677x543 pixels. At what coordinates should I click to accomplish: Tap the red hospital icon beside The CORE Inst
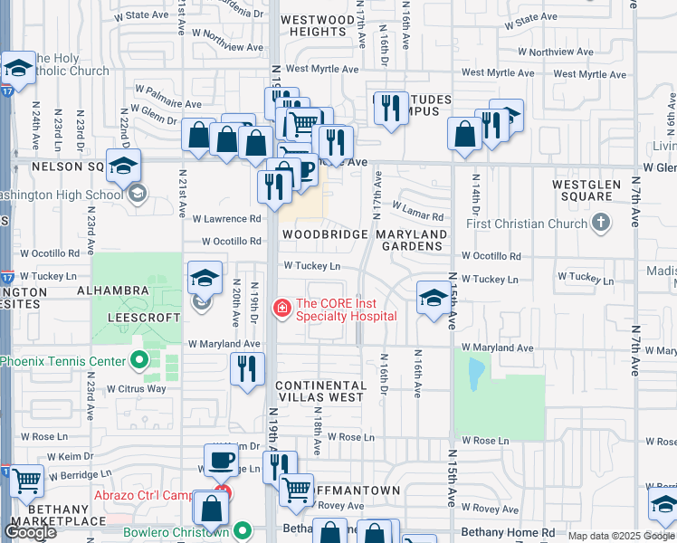click(x=282, y=310)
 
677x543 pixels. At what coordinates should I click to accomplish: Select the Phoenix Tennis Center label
click(x=62, y=361)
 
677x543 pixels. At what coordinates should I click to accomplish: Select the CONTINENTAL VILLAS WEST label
click(x=320, y=391)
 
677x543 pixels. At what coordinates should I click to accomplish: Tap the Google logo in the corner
click(x=31, y=531)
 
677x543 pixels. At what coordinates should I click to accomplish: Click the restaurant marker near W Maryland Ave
click(x=246, y=369)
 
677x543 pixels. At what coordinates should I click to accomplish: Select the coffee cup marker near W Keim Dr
click(x=221, y=460)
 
